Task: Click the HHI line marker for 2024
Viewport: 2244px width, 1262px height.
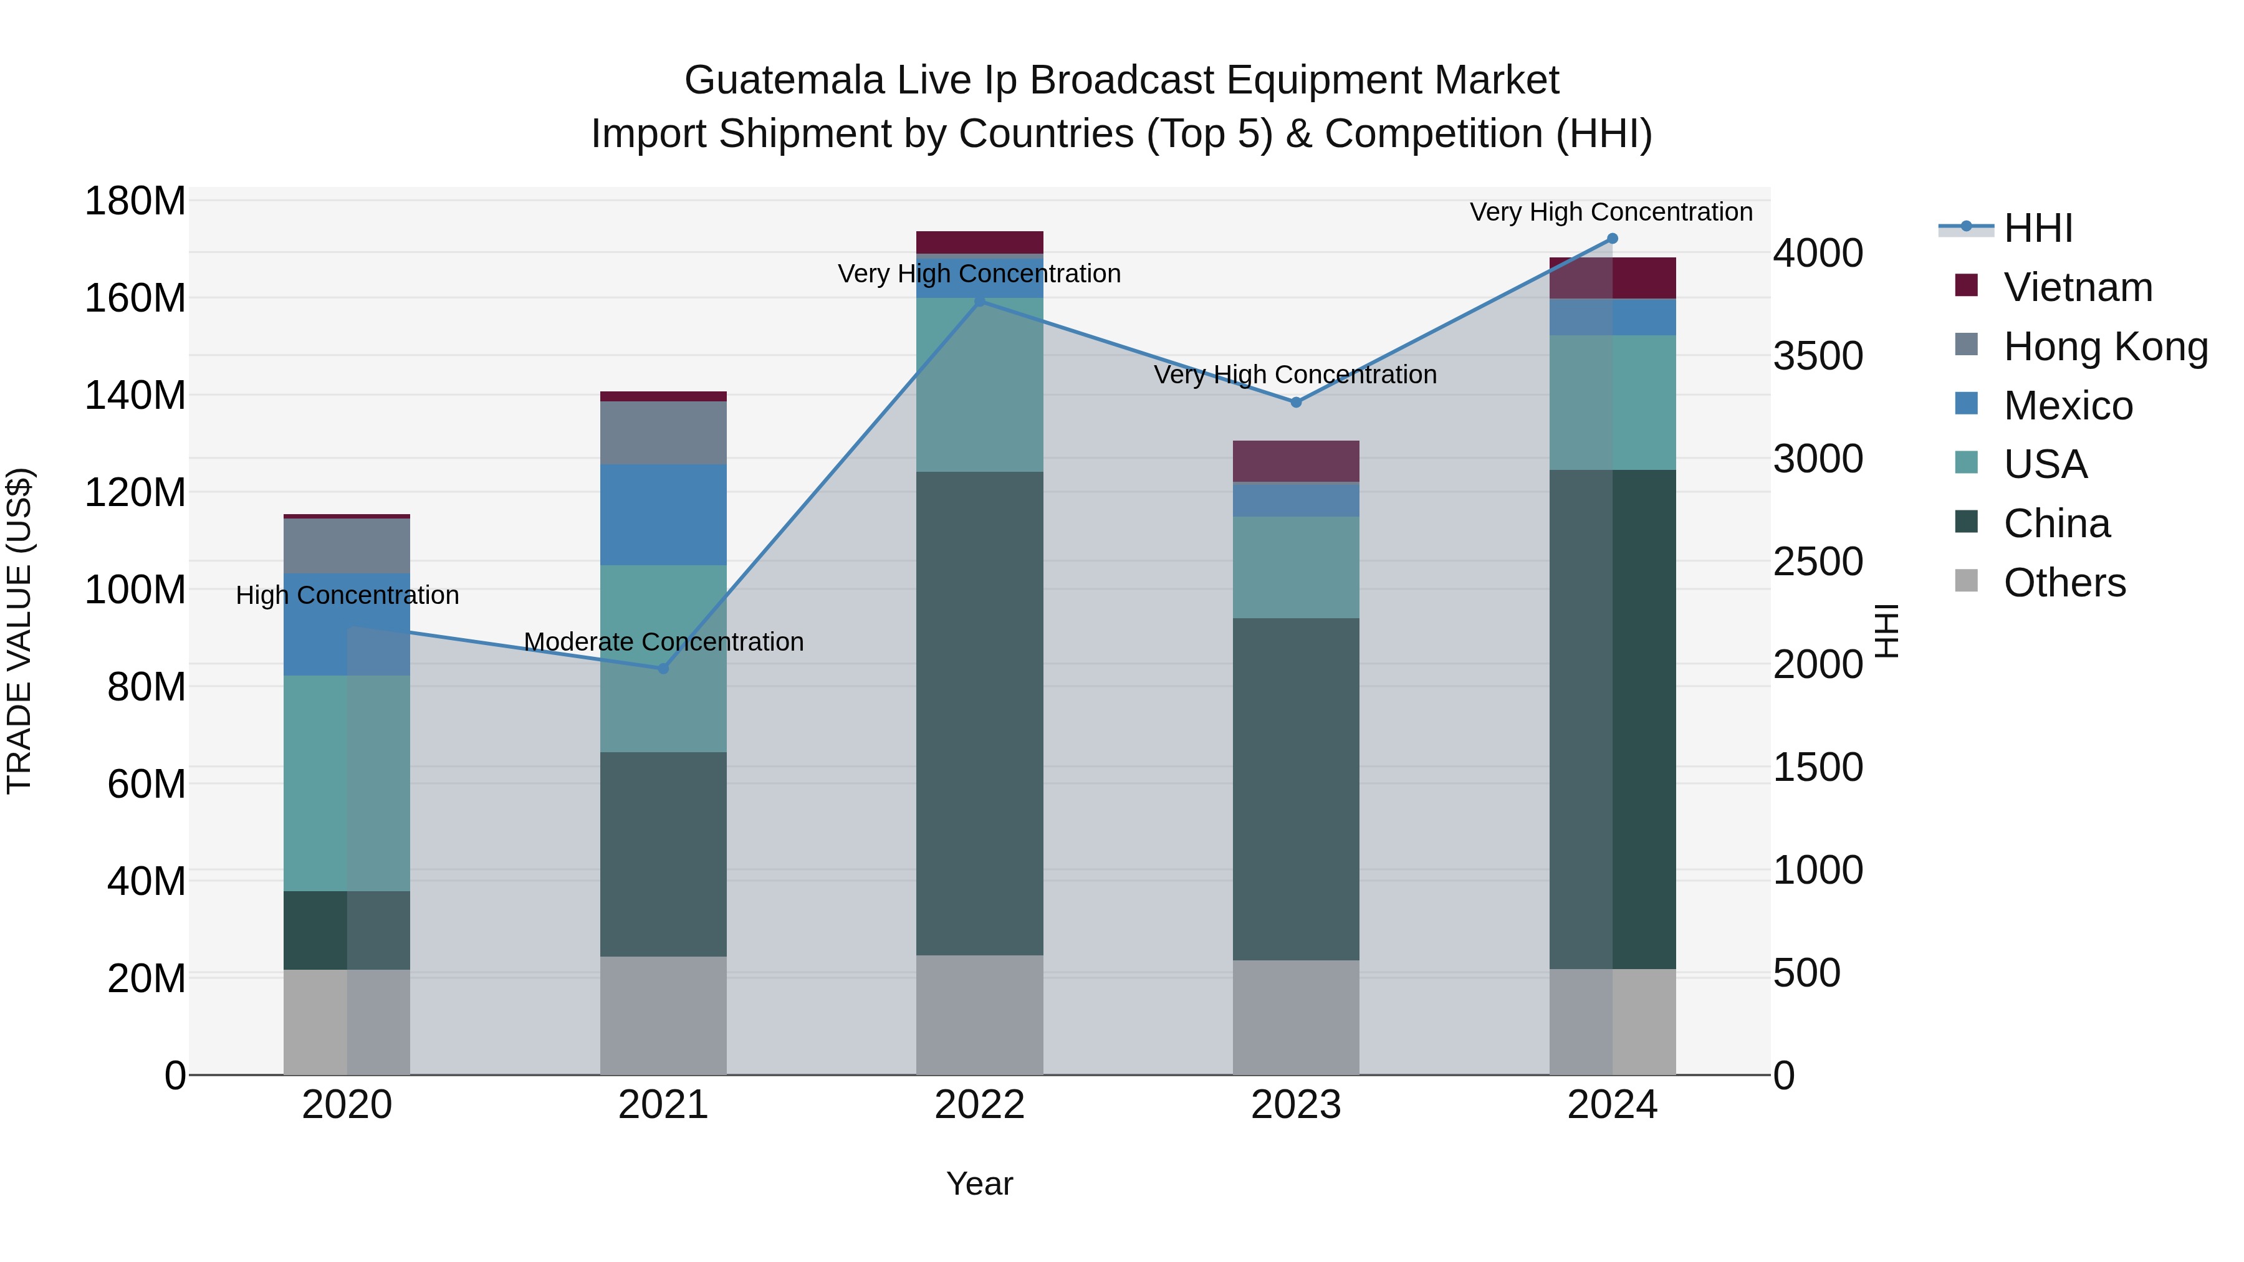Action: (x=1611, y=239)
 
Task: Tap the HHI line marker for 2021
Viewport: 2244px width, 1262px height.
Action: (x=663, y=669)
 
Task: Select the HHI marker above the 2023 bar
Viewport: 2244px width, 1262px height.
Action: (x=1295, y=403)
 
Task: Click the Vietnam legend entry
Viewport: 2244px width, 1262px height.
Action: (x=2077, y=287)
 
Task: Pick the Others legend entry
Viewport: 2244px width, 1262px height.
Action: (x=2064, y=583)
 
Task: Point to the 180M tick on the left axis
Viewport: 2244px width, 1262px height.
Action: (x=135, y=201)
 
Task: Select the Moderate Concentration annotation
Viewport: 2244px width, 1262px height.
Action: (x=663, y=642)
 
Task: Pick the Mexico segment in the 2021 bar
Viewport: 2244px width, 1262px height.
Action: (x=663, y=514)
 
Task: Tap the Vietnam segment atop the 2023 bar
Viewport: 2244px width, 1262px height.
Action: (x=1295, y=461)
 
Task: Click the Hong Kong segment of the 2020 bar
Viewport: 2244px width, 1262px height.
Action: (x=347, y=545)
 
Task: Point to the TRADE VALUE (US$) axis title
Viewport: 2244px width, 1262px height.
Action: (x=19, y=631)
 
